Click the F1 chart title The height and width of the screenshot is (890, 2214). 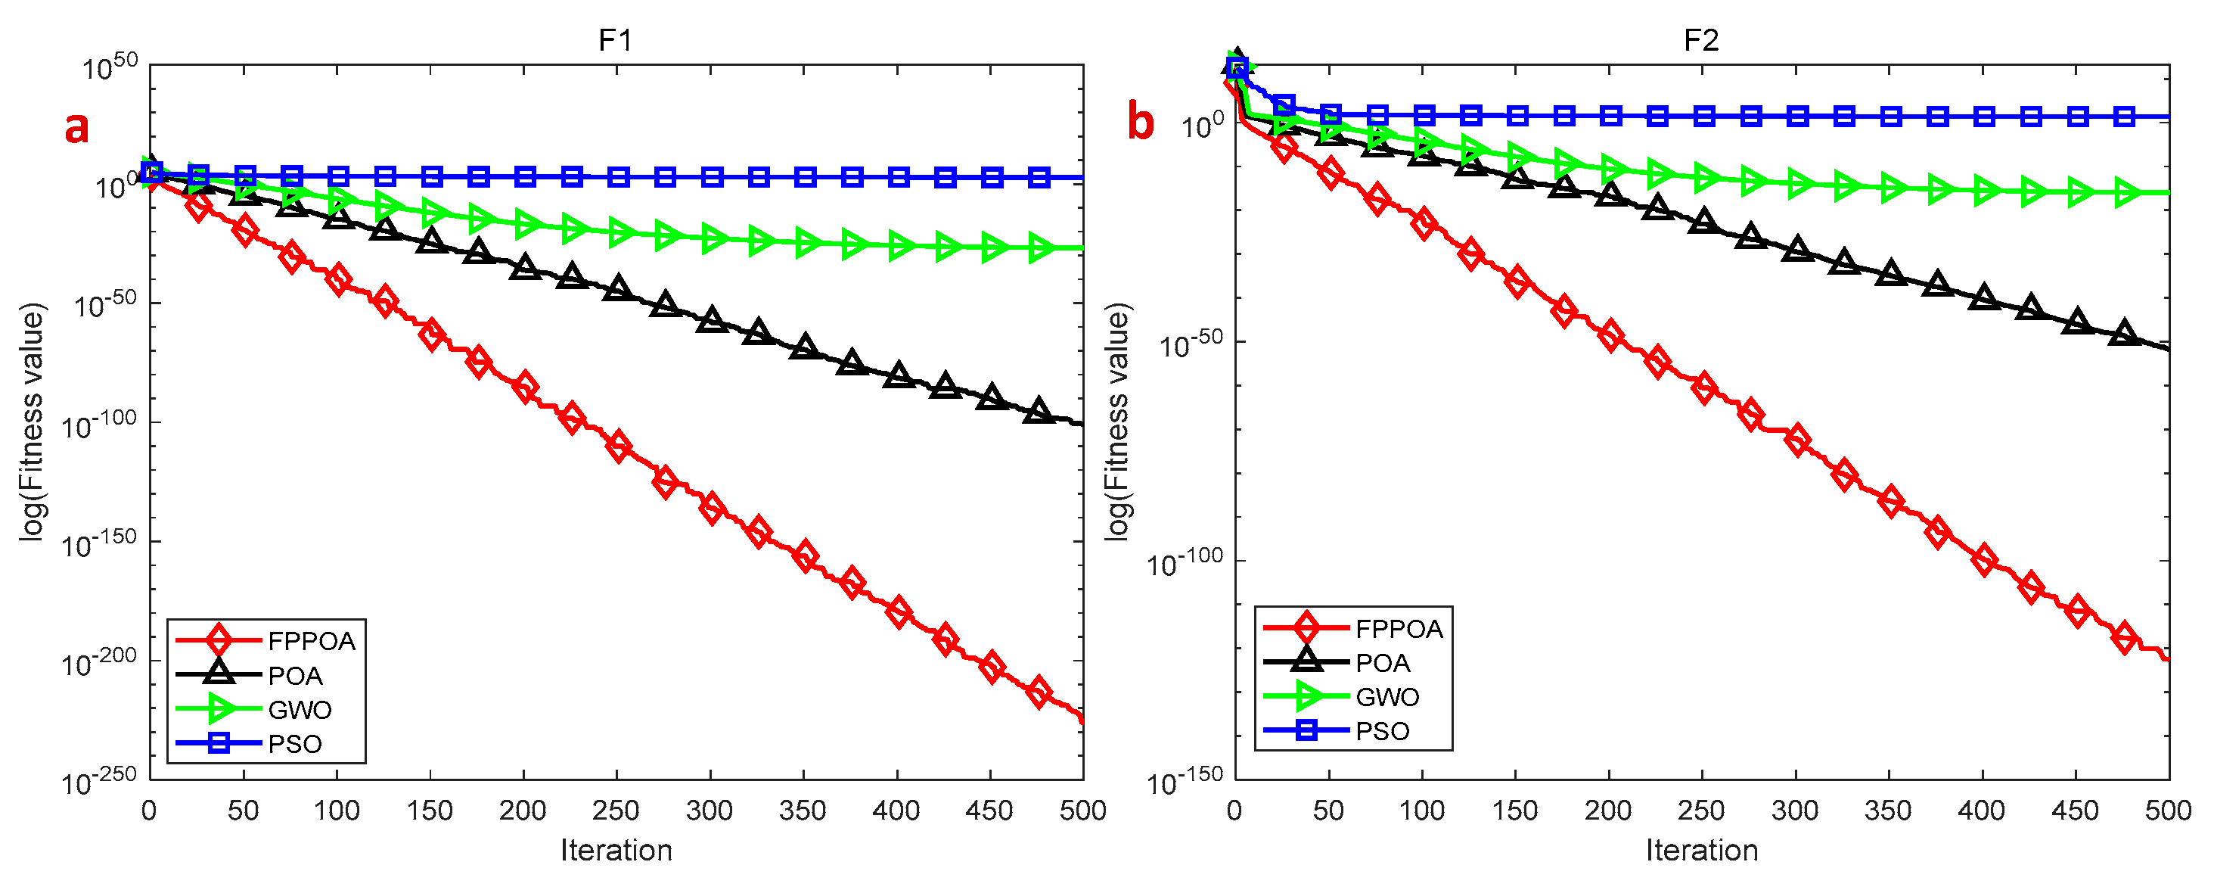pos(616,40)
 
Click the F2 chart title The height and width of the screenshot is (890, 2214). pos(1701,40)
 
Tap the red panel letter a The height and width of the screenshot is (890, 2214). pos(76,126)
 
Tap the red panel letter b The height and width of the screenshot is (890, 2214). pos(1140,121)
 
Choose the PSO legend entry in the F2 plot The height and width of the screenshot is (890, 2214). pos(1382,731)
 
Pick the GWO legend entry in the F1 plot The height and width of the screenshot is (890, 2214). pos(299,709)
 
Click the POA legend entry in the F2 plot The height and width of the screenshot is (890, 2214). pos(1382,663)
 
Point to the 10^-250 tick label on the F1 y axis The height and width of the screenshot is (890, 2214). pos(100,780)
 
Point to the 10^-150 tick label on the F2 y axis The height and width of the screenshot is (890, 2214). pos(1185,780)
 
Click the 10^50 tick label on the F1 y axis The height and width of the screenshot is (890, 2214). pos(110,66)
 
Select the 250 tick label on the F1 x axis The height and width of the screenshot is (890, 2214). pos(616,810)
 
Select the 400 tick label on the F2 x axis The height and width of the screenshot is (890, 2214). pos(1981,810)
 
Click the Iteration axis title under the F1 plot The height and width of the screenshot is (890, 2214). pos(616,850)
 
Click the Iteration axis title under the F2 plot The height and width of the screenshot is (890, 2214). pos(1701,850)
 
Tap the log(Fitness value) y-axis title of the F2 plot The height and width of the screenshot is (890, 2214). pos(1116,422)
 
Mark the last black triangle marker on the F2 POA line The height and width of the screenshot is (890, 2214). pos(2125,333)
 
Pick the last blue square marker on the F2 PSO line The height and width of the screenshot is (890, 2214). pos(2124,116)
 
